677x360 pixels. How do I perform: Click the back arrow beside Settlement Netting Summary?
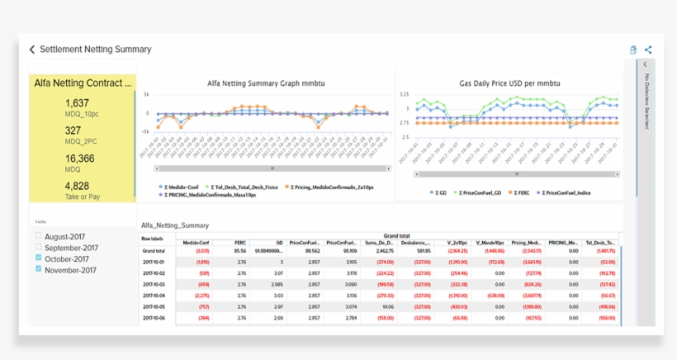click(32, 50)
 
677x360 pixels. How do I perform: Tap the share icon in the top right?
click(648, 50)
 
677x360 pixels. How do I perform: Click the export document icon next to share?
click(633, 50)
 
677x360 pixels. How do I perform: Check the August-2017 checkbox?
click(39, 237)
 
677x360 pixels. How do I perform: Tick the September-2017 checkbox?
click(39, 248)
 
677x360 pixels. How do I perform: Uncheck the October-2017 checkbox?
click(39, 258)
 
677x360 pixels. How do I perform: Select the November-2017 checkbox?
click(39, 269)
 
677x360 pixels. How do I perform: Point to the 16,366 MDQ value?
click(80, 159)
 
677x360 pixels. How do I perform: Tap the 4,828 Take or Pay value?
click(77, 186)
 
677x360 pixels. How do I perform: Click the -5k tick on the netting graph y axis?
click(145, 131)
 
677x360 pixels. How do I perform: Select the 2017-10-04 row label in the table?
click(154, 295)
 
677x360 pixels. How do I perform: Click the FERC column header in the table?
click(239, 242)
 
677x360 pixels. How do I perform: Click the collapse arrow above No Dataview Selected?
click(646, 64)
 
